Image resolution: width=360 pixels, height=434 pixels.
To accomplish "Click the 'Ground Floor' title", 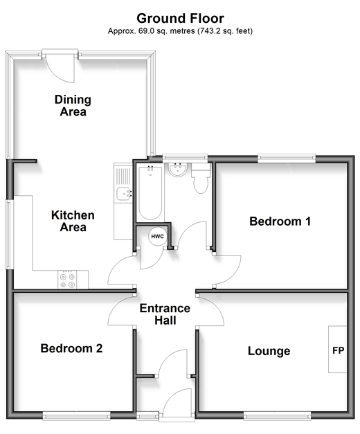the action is tap(180, 19).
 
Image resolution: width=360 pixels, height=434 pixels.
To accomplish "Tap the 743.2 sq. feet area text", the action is tap(224, 31).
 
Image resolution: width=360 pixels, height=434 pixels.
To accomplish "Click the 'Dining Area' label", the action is tap(73, 105).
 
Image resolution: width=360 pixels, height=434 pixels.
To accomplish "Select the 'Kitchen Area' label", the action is tap(73, 221).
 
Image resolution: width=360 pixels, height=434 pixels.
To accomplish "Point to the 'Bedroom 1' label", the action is tap(280, 221).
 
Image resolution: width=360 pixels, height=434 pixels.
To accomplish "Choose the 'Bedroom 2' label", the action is tap(71, 348).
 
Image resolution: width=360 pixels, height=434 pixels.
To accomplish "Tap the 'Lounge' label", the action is tap(269, 351).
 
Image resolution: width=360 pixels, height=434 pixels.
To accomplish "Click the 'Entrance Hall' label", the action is tap(165, 314).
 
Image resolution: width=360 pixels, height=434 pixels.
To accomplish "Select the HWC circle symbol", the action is tap(158, 236).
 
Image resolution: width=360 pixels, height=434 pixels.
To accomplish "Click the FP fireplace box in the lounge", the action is tap(338, 350).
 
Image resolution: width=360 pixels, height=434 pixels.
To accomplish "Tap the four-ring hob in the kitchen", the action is tap(67, 280).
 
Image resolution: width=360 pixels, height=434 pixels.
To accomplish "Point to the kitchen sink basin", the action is tap(124, 194).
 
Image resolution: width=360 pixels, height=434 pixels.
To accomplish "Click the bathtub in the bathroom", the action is tap(150, 192).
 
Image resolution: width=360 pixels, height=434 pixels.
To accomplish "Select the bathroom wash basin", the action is tap(178, 170).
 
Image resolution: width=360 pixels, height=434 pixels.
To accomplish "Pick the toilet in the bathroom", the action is tap(201, 179).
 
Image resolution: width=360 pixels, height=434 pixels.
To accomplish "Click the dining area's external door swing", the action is tap(60, 69).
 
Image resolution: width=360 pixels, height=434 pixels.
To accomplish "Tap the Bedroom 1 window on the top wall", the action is tap(287, 159).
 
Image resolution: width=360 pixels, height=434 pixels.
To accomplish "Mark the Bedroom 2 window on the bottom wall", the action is tap(76, 416).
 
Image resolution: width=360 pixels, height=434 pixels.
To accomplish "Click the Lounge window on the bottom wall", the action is tap(277, 416).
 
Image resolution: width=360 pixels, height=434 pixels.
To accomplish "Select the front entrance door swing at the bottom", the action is tap(177, 403).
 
